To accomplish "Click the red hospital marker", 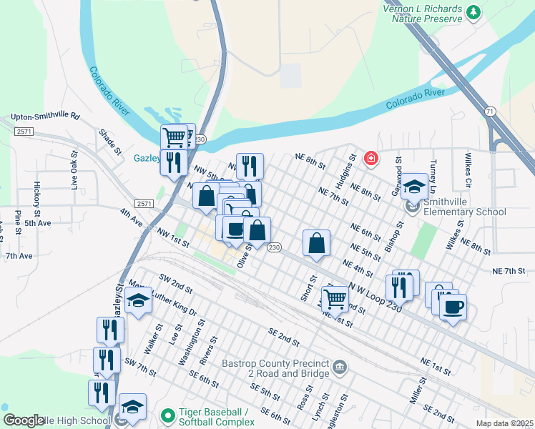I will pos(370,157).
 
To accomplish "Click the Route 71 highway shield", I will pos(489,112).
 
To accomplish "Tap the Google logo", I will pos(24,420).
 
